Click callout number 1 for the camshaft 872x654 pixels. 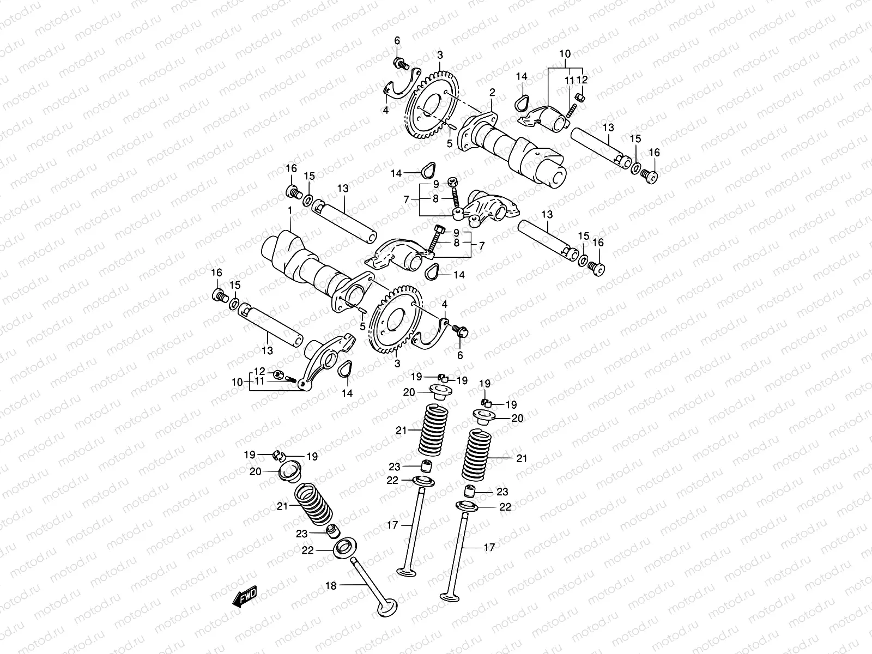tap(290, 210)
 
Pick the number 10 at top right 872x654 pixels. tap(565, 54)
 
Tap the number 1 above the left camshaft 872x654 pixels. tap(290, 210)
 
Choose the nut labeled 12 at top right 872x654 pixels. tap(596, 98)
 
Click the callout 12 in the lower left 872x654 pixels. tap(259, 372)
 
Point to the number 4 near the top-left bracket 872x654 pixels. tap(385, 110)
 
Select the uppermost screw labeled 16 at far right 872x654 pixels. tap(651, 175)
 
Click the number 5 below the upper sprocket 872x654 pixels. tap(450, 143)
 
